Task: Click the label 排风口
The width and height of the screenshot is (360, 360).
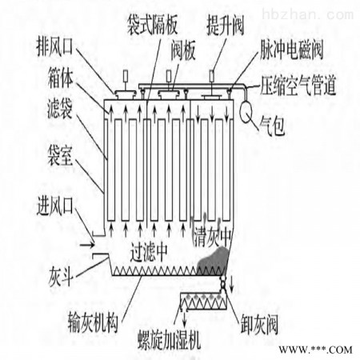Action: (x=54, y=48)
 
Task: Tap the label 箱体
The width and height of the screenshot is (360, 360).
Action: (x=60, y=78)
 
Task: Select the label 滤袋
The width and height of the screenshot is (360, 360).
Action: (x=60, y=110)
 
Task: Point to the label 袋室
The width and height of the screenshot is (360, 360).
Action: (x=60, y=156)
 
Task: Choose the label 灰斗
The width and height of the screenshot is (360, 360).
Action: (x=61, y=278)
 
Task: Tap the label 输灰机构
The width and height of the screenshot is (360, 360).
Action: (x=93, y=323)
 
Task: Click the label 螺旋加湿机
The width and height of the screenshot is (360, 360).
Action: (x=170, y=340)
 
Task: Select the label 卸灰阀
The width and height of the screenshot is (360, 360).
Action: (x=259, y=325)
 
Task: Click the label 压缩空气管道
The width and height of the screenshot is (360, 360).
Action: (x=298, y=86)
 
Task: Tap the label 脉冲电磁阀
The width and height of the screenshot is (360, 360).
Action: (x=291, y=50)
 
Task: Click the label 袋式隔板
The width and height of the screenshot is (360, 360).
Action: (x=152, y=25)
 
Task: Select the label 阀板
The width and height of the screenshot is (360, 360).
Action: (x=183, y=50)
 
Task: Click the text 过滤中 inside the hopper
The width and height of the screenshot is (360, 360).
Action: (x=149, y=252)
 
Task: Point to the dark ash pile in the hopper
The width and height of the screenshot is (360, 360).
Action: (x=214, y=262)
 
